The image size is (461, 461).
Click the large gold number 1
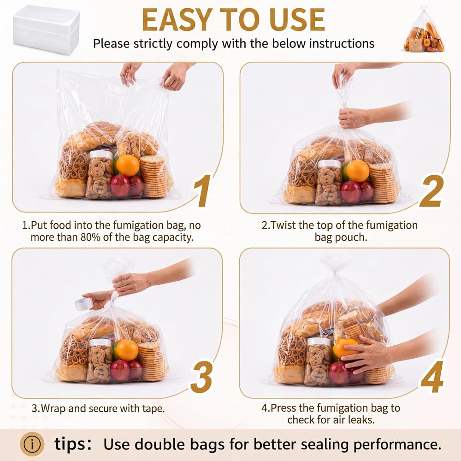(x=202, y=190)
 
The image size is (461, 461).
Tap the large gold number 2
(x=431, y=191)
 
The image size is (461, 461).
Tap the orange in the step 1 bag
(x=128, y=165)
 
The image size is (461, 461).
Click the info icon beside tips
(x=32, y=444)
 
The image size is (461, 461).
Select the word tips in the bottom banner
(x=70, y=444)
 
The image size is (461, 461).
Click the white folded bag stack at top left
(x=46, y=30)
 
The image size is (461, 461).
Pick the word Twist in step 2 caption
(x=284, y=225)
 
